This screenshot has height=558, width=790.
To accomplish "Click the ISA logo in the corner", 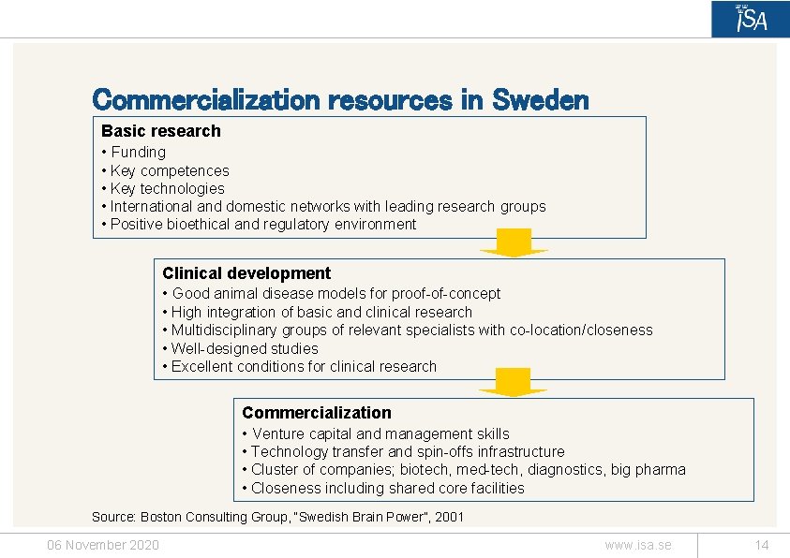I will click(750, 19).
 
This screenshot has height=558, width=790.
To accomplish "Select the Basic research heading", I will click(161, 131).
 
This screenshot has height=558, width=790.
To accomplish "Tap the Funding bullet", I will click(138, 152).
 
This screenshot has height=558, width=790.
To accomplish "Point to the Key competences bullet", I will click(169, 170).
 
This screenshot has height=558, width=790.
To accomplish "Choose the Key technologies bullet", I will click(167, 188).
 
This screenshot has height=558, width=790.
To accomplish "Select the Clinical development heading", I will click(246, 273).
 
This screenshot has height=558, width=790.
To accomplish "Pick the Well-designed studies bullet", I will click(245, 348).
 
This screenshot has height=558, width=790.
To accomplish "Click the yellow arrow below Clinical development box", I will click(514, 382).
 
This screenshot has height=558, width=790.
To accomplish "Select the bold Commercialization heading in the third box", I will click(317, 413).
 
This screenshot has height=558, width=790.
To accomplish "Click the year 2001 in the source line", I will click(447, 517).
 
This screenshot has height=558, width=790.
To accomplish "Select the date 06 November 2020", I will click(103, 545).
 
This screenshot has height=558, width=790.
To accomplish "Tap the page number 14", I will click(761, 545).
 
